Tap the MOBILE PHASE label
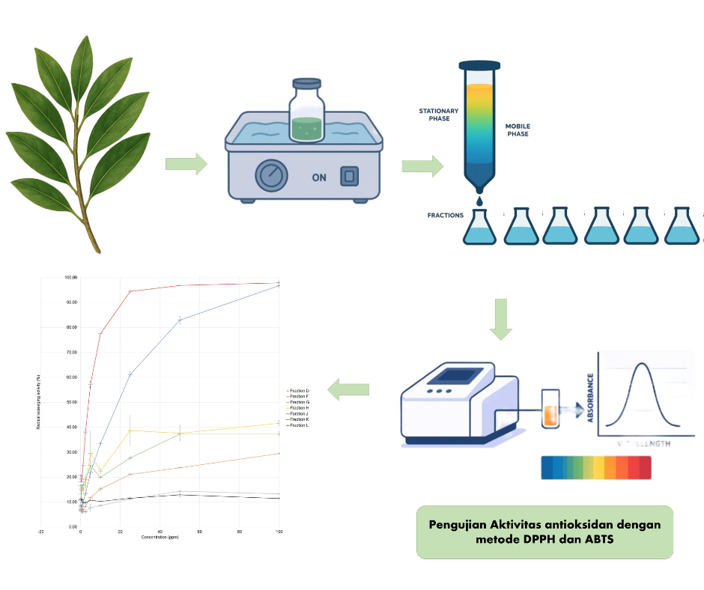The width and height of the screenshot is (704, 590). point(518,130)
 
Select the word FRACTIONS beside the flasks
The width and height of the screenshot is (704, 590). point(445,216)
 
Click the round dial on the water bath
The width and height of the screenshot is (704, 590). point(270,177)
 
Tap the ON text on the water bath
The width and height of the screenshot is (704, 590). point(319,178)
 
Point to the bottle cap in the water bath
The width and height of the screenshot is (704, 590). point(306,84)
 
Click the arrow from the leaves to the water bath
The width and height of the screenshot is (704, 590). point(186,164)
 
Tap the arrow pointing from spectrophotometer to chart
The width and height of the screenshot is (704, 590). point(350,389)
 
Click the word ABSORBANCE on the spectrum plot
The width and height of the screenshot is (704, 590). point(592,398)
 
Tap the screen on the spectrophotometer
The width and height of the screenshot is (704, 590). point(458,376)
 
